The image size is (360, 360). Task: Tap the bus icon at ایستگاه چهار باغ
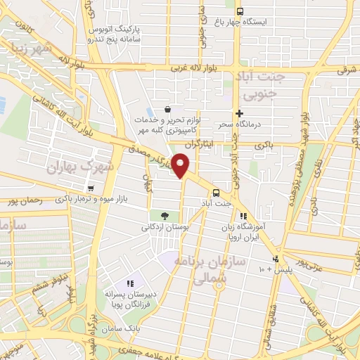click(x=240, y=11)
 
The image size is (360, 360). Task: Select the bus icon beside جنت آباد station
click(x=216, y=192)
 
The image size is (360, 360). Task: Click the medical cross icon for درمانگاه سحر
click(x=240, y=112)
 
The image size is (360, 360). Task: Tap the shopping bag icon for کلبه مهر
click(x=167, y=109)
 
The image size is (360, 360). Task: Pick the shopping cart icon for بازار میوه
click(x=91, y=188)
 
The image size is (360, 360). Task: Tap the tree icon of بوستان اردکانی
click(x=165, y=215)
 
